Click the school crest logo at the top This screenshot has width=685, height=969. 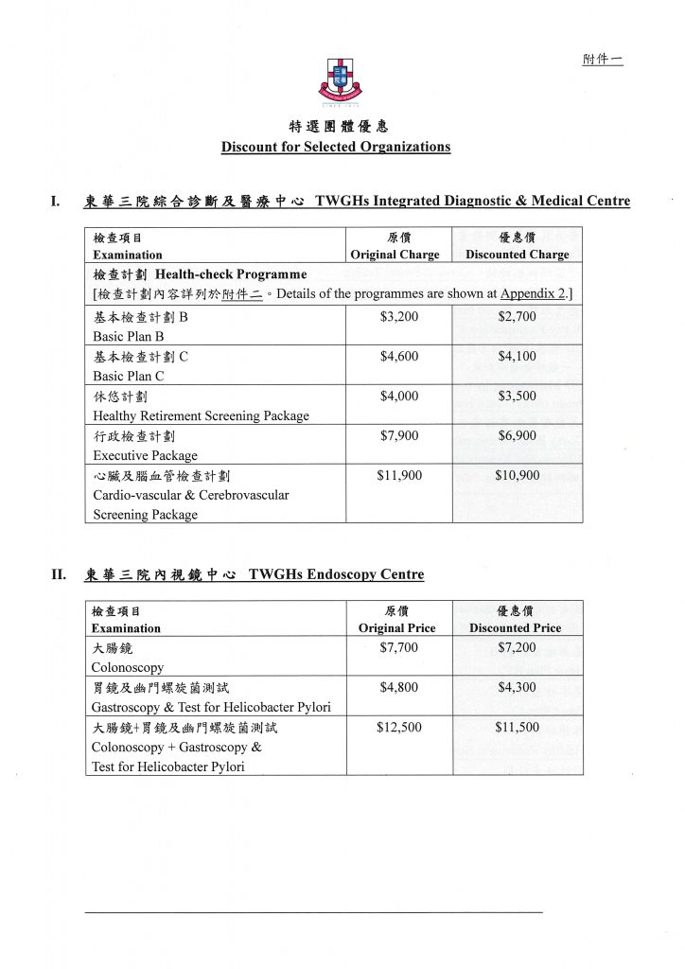[340, 80]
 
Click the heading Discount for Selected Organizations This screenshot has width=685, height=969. [336, 147]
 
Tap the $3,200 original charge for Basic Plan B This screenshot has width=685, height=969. [398, 317]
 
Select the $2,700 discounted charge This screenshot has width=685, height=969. [517, 317]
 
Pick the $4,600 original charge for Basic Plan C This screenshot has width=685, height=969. [398, 357]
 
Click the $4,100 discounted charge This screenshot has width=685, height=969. [517, 357]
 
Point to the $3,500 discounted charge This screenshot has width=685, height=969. [517, 396]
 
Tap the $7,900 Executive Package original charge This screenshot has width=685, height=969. [398, 436]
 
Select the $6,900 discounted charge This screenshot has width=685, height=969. [517, 436]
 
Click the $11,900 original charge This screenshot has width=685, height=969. [398, 476]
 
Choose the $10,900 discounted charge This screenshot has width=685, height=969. [517, 476]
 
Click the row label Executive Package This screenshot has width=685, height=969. [145, 455]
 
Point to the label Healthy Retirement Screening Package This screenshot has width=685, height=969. [201, 415]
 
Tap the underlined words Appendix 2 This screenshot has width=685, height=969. [534, 294]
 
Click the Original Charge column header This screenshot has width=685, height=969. [395, 255]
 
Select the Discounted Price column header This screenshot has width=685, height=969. [515, 627]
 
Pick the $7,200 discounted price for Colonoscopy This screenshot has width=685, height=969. [517, 648]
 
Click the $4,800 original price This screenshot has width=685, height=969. [398, 688]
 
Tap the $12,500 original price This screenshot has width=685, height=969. [398, 728]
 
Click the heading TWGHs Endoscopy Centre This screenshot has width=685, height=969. [336, 574]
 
